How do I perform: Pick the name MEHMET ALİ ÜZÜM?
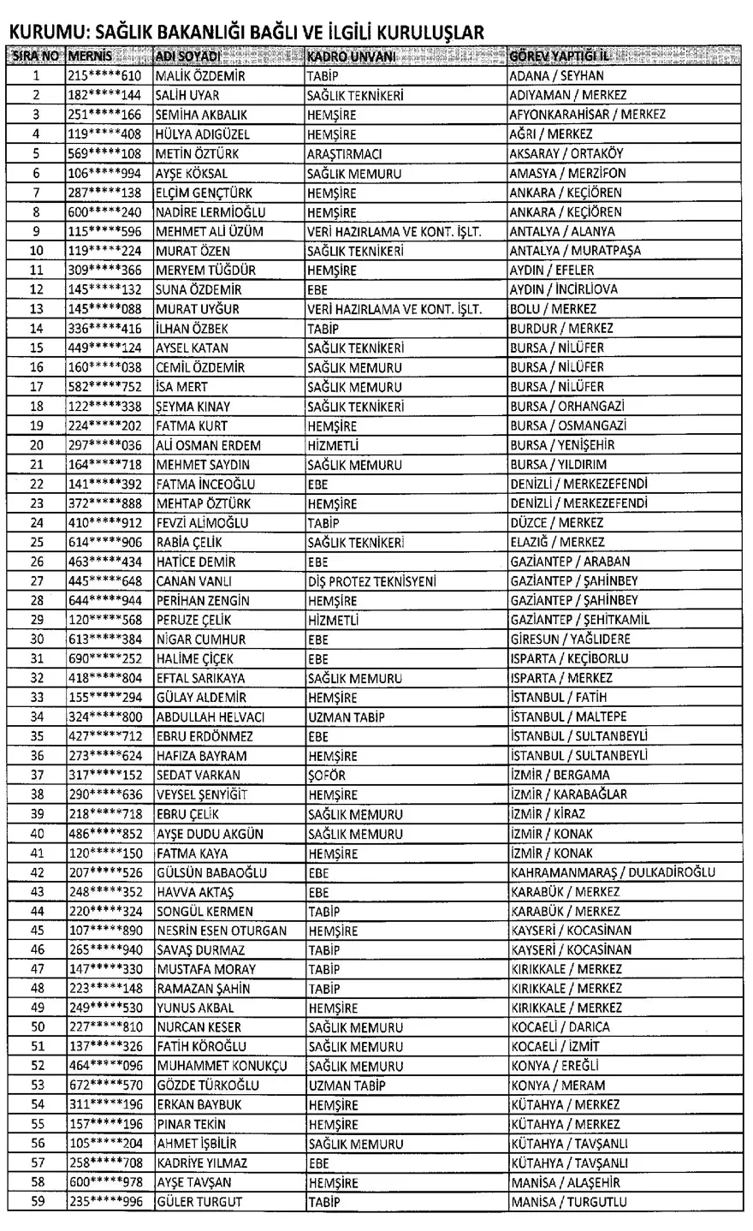coord(209,231)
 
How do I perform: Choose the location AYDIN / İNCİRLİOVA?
coord(563,289)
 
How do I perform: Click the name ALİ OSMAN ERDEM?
coord(208,445)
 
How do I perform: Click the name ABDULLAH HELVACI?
coord(210,717)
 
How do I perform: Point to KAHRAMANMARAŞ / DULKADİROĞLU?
coord(613,872)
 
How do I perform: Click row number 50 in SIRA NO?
coord(37,1027)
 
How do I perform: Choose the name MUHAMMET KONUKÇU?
coord(220,1066)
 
